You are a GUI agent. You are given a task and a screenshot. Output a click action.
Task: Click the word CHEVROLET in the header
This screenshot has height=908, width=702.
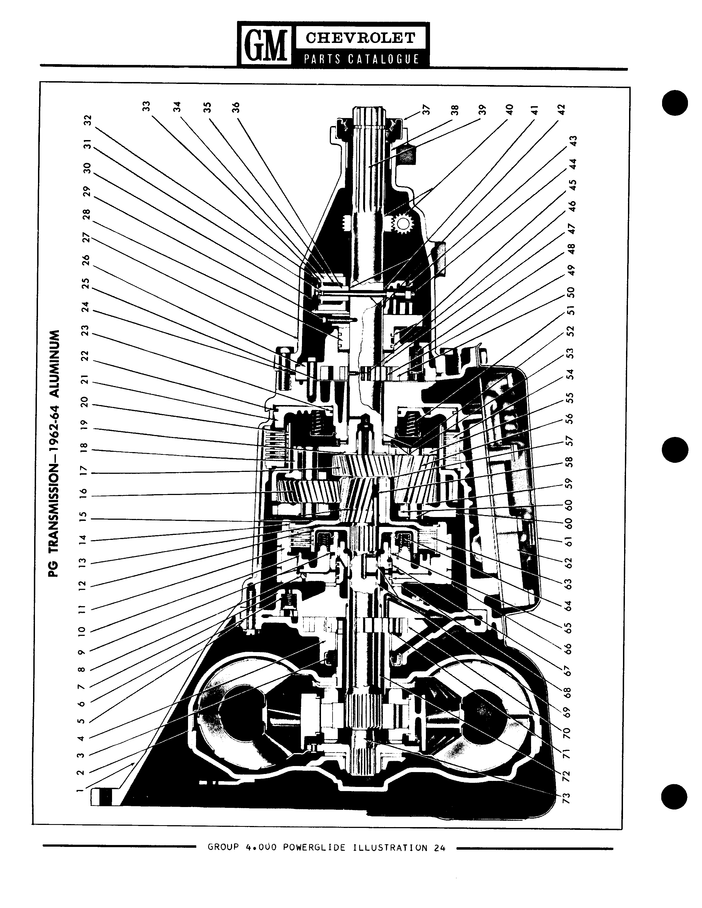360,38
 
